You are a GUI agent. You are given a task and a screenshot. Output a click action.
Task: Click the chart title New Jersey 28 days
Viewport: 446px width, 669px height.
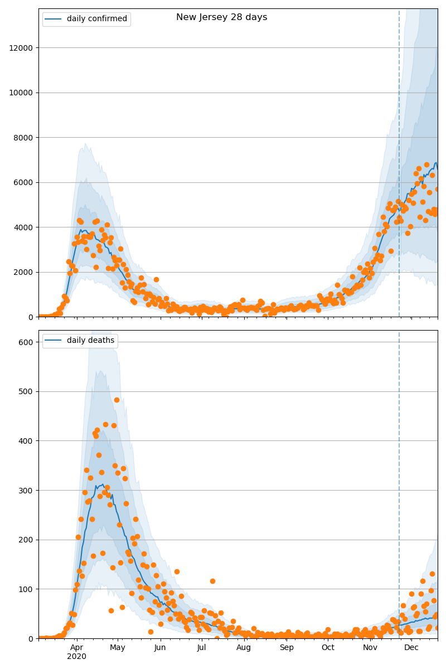221,17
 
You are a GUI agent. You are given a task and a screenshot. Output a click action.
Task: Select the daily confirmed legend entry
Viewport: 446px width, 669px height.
96,19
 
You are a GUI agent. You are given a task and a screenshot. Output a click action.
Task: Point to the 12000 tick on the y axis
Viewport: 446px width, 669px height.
21,48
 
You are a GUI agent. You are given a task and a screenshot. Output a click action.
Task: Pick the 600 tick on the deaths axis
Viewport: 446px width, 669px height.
26,342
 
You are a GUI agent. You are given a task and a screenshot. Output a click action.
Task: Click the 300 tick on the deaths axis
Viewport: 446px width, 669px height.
26,490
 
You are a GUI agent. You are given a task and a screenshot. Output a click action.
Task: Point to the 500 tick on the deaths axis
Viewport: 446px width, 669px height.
26,391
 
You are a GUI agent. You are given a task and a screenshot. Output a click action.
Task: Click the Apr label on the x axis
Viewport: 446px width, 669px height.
76,647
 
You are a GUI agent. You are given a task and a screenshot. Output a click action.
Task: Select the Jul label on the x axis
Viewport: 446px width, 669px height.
201,647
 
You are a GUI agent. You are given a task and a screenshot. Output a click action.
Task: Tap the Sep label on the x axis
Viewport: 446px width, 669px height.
287,647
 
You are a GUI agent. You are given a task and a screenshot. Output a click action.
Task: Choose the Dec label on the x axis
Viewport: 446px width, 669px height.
411,647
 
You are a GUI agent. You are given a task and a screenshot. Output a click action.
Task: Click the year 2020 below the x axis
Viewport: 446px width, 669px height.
76,657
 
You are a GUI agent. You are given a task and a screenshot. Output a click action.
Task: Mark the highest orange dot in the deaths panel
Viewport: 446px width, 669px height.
117,400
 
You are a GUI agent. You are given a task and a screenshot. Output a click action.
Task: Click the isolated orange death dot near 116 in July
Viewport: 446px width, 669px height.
212,581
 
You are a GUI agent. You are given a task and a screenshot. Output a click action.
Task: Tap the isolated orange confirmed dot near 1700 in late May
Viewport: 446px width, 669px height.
156,279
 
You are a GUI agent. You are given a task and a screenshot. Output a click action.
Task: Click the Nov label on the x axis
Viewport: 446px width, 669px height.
370,647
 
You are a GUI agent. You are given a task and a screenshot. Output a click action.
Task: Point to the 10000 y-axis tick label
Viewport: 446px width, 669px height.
21,93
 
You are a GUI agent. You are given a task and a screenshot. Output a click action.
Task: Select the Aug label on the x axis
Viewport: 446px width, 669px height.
244,647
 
